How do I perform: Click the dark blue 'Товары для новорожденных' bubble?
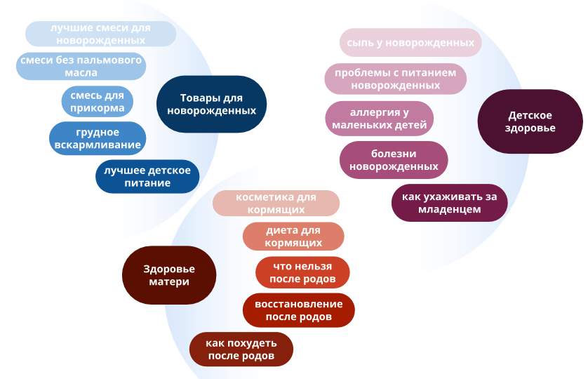click(211, 104)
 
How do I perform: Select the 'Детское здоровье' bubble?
click(530, 121)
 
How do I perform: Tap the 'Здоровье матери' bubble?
click(169, 275)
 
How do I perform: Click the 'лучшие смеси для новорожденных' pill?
click(100, 34)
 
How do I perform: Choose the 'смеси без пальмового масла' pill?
click(81, 66)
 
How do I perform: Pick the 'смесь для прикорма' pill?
click(97, 101)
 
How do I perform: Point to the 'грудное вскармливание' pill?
click(98, 138)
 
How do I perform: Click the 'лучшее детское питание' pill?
click(147, 176)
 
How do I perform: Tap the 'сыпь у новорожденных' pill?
click(410, 42)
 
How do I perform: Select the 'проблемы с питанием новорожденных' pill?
click(396, 79)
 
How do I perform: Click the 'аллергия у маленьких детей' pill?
click(380, 118)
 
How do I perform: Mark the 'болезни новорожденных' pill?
click(394, 160)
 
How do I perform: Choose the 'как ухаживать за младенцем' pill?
click(450, 203)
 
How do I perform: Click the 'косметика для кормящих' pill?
click(276, 203)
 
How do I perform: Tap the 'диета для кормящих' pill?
click(293, 236)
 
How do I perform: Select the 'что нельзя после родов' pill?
click(302, 272)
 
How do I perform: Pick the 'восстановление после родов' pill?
click(299, 310)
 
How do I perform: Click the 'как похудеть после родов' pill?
click(241, 349)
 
